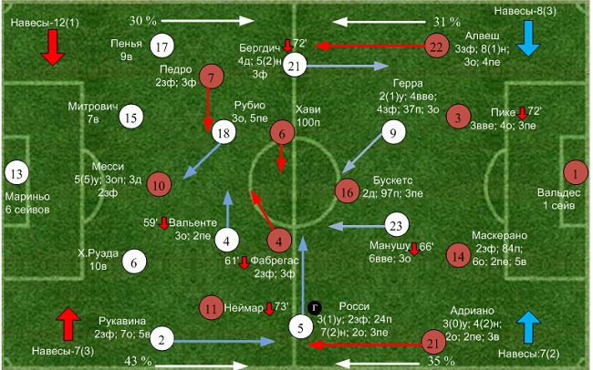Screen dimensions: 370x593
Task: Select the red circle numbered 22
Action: point(436,46)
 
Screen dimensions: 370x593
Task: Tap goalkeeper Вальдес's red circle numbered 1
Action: point(576,172)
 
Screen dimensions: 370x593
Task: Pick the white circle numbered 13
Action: point(16,172)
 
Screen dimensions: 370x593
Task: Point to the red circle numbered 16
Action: point(345,191)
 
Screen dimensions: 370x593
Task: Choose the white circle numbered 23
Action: point(394,225)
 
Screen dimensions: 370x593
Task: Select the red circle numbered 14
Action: point(459,257)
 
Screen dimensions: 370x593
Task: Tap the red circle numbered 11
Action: point(212,307)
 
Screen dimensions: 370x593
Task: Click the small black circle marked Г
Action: point(314,308)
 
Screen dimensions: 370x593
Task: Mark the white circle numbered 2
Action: point(161,341)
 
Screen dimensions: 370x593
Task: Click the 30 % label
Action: point(142,20)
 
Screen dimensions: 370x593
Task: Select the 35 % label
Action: point(442,362)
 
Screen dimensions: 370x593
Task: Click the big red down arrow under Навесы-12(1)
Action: point(51,46)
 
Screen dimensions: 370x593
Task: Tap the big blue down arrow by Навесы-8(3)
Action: point(526,37)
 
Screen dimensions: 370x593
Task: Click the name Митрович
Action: point(93,107)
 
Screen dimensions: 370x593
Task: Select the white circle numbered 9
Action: point(393,134)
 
